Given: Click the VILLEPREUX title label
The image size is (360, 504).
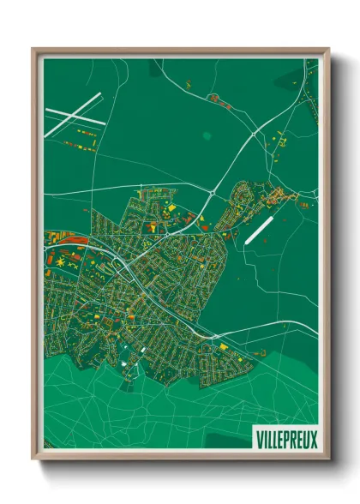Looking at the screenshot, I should pos(286,439).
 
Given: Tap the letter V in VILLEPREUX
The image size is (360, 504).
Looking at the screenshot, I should pos(259,439).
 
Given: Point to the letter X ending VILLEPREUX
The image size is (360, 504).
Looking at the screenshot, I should pos(314,439).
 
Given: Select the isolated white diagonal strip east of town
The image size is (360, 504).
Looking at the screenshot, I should pos(258,229).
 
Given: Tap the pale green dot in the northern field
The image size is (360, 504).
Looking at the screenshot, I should pos(206,135).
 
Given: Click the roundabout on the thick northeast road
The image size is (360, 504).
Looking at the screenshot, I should pos(254,135).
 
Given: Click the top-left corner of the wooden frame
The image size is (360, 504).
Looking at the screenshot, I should pos(33,49).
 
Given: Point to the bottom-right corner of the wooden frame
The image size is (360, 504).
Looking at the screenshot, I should pos(327,459).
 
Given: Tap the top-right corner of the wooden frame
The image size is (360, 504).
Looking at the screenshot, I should pos(327,49).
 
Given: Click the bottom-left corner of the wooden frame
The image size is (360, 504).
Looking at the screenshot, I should pos(33,459).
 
